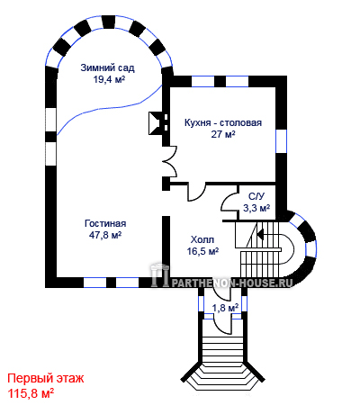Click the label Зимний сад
[107, 68]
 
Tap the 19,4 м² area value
[109, 79]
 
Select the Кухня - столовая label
[223, 123]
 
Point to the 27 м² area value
[223, 134]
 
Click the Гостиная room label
[105, 223]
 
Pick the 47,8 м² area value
[105, 235]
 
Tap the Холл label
[202, 240]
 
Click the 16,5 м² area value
[202, 251]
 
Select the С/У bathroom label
[256, 196]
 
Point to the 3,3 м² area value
[256, 208]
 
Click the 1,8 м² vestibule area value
[225, 308]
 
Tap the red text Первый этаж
[46, 379]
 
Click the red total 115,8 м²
[31, 393]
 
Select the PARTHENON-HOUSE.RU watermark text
[231, 283]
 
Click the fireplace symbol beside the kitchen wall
[157, 123]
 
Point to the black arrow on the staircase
[260, 233]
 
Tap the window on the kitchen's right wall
[282, 141]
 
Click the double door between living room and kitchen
[169, 161]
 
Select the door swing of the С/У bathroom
[229, 202]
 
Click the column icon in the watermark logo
[160, 274]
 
